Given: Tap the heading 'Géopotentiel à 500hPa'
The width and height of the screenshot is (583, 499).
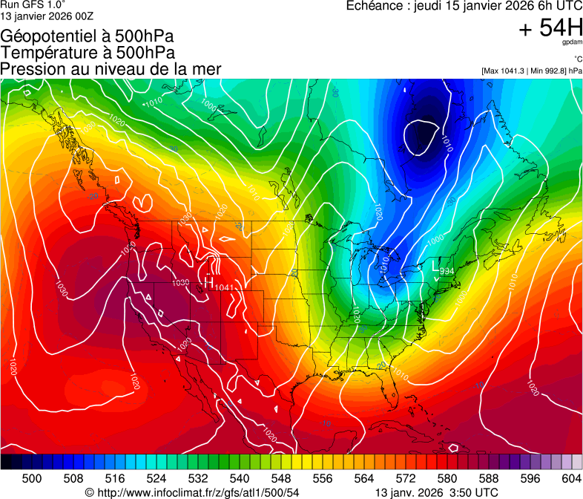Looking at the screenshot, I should click(x=86, y=36).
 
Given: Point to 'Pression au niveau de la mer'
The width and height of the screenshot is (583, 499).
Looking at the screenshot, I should click(x=111, y=69).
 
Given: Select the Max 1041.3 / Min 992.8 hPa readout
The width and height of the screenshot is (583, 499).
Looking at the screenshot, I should click(x=531, y=71).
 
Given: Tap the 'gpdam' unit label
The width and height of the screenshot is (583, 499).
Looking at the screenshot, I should click(x=571, y=44).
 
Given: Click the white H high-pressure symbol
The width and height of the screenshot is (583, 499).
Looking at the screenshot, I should click(x=208, y=282).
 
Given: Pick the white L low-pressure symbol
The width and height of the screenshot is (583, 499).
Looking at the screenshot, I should click(x=435, y=266).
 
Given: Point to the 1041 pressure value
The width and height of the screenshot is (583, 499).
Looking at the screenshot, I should click(x=224, y=287).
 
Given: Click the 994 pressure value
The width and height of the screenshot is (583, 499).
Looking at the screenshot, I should click(x=447, y=272).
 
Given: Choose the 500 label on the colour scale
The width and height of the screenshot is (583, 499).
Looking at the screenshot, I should click(x=32, y=477).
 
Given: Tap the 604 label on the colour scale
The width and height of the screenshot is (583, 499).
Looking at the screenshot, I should click(x=571, y=477).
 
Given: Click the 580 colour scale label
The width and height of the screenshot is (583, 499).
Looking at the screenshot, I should click(x=447, y=477).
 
